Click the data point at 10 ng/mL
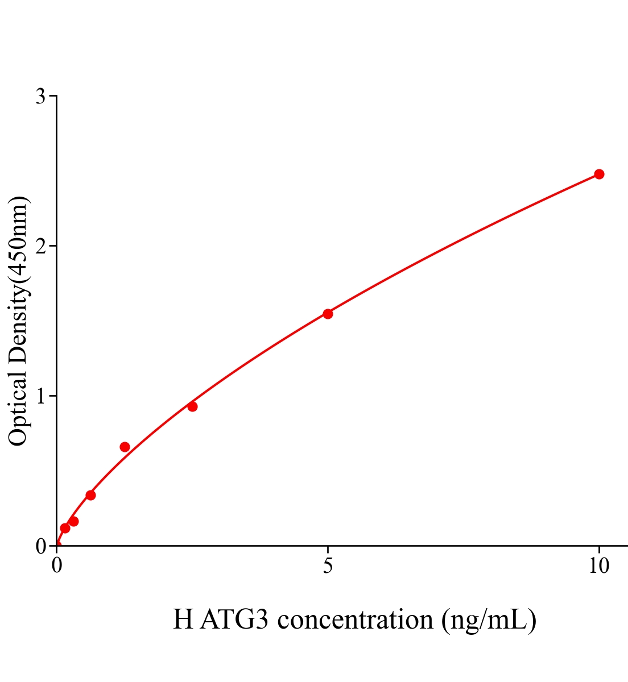click(x=598, y=174)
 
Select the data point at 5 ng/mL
click(x=328, y=314)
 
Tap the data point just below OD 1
click(x=192, y=406)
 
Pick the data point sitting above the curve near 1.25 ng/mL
click(x=125, y=447)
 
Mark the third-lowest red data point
click(x=90, y=495)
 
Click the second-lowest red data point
click(x=73, y=521)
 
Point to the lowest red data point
click(x=65, y=528)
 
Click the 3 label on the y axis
click(x=40, y=97)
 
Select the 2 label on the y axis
click(x=40, y=246)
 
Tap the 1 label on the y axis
click(x=40, y=396)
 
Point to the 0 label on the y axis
click(x=40, y=546)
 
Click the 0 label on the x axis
click(x=57, y=566)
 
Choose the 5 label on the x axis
click(x=328, y=566)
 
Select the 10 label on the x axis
click(x=598, y=566)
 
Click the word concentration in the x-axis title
click(x=356, y=619)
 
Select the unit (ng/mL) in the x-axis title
click(x=489, y=619)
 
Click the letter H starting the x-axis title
click(x=183, y=619)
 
